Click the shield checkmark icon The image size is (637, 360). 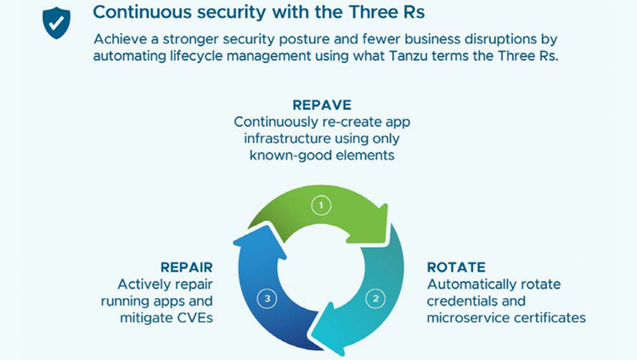56,23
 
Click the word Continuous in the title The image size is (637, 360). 142,12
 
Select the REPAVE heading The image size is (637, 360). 322,104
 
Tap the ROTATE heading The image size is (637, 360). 456,267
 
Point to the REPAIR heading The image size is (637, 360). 187,267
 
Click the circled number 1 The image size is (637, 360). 321,205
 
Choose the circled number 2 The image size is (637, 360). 375,299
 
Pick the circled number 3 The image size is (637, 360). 268,299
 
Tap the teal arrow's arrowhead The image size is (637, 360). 331,333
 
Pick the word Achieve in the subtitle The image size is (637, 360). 121,39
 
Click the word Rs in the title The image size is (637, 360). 414,12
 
